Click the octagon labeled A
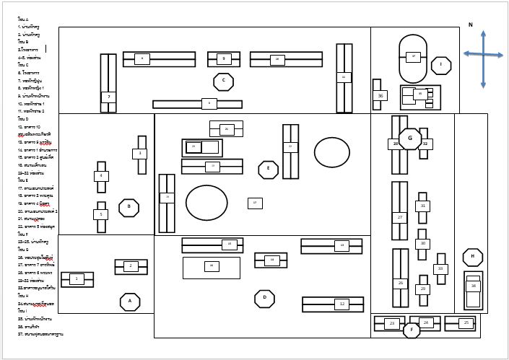click(130, 302)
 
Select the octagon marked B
click(129, 208)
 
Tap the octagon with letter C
click(223, 82)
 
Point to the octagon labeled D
click(264, 299)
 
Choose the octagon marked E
click(268, 170)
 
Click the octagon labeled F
click(412, 330)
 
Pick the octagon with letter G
click(410, 139)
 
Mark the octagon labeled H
click(473, 257)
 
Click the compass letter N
click(470, 25)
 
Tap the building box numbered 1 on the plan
click(77, 278)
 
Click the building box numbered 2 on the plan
click(131, 266)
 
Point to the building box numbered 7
click(108, 97)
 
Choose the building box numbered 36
click(380, 95)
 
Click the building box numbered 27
click(400, 217)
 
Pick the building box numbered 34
click(474, 286)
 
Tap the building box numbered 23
click(392, 323)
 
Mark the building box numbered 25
click(466, 322)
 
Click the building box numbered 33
click(440, 269)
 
